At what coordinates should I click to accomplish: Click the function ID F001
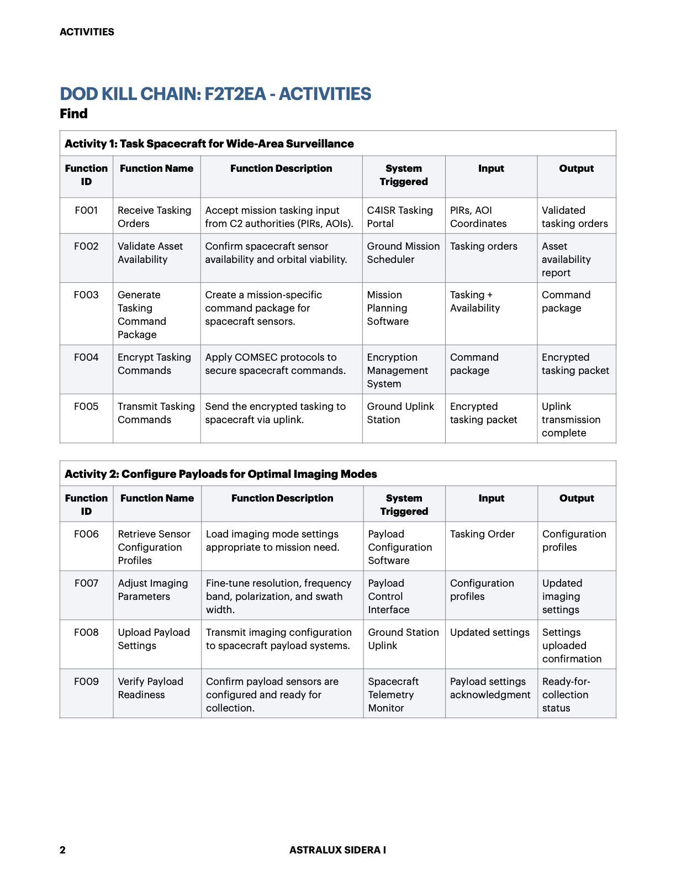pos(86,210)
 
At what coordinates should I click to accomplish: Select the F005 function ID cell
pos(86,407)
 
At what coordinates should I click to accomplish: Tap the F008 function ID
pos(86,632)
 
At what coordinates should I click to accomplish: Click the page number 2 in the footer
pos(62,850)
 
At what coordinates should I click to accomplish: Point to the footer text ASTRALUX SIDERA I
pos(337,850)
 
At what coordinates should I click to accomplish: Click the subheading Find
pos(73,114)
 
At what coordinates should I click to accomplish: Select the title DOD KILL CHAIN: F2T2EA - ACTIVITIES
pos(215,94)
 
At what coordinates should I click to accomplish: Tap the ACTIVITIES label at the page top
pos(87,32)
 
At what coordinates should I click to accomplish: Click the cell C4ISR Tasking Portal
pos(400,217)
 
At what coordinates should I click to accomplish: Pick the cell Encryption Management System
pos(398,371)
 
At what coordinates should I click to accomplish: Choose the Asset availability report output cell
pos(566,260)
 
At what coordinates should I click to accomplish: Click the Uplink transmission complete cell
pos(571,420)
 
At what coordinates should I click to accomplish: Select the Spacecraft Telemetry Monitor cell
pos(393,695)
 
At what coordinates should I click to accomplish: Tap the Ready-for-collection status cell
pos(566,695)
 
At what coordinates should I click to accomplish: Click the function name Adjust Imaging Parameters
pos(153,590)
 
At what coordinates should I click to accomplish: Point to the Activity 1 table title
pos(209,144)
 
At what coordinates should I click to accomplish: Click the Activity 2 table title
pos(221,474)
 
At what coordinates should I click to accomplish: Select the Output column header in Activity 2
pos(577,498)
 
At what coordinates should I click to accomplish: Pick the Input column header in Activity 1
pos(491,168)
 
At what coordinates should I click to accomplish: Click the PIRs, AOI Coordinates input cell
pos(478,217)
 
